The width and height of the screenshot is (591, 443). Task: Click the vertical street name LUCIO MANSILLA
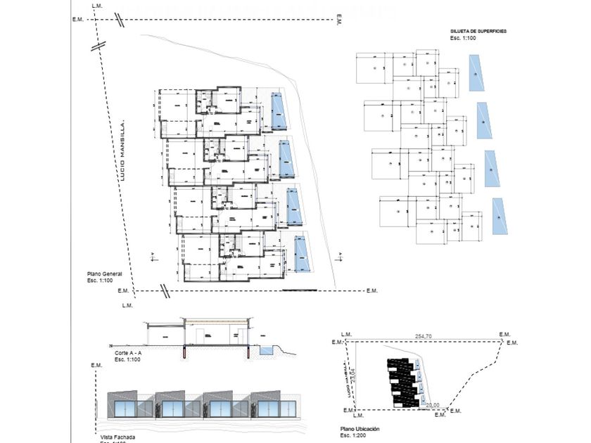coord(122,151)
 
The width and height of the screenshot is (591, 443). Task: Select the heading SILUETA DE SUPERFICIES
coord(478,32)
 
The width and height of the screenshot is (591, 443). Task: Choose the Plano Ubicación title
coord(360,428)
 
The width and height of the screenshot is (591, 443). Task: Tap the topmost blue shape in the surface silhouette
coord(476,73)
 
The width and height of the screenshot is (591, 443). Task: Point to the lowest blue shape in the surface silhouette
coord(500,216)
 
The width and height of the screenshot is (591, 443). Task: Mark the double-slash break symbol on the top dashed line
coord(120,20)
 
